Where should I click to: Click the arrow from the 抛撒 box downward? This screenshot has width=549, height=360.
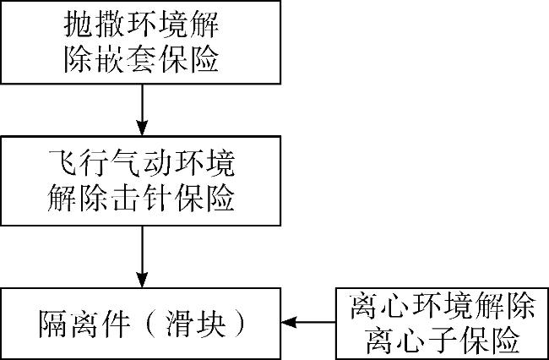(142, 110)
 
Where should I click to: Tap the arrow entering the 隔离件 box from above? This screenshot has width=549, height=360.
(142, 257)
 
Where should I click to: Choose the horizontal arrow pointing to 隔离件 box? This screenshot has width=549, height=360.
(308, 322)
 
